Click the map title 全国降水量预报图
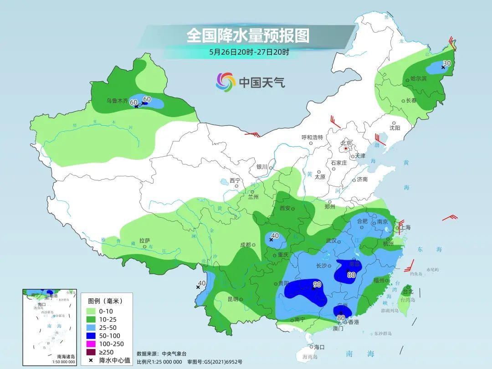point(248,35)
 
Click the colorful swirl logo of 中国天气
point(225,82)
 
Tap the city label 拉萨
point(144,240)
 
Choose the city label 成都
point(246,245)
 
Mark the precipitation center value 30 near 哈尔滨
point(447,63)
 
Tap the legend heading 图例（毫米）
point(105,301)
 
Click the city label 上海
point(405,228)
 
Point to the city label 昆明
point(233,299)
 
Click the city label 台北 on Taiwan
point(408,292)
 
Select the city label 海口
point(319,347)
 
